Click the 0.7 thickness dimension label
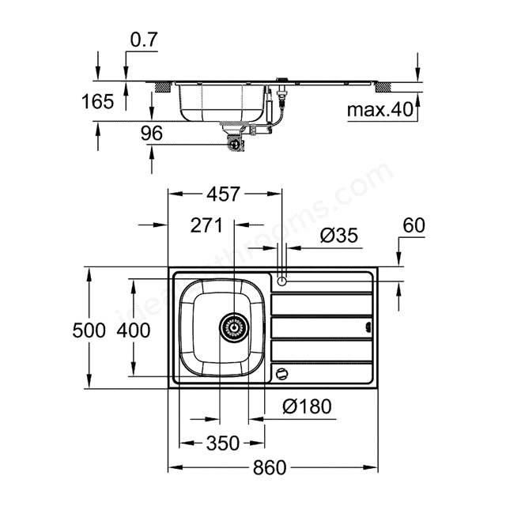[144, 40]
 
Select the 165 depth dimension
[97, 101]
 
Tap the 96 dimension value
[152, 134]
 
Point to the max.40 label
[380, 110]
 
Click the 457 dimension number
[223, 194]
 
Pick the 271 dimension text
[206, 225]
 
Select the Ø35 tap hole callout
[339, 236]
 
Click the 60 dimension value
[414, 225]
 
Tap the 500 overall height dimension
[89, 330]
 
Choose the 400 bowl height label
[134, 330]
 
